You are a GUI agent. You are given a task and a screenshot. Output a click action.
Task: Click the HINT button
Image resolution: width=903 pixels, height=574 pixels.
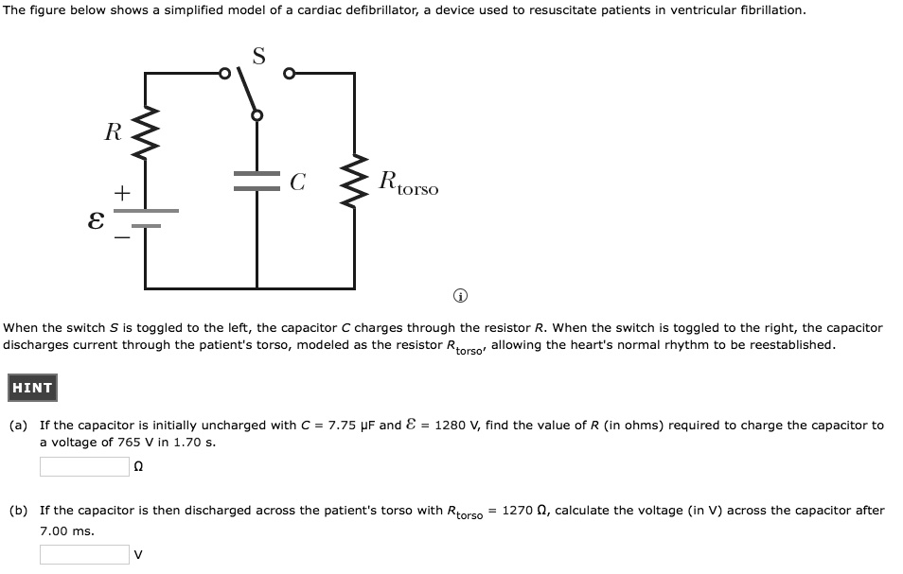click(32, 388)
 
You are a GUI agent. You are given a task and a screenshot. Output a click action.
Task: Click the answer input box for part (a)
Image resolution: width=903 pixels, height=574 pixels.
click(84, 466)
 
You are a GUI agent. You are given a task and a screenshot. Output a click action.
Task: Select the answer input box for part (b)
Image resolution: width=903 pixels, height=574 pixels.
click(84, 554)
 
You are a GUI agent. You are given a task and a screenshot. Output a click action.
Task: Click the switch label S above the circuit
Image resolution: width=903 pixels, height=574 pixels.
click(257, 56)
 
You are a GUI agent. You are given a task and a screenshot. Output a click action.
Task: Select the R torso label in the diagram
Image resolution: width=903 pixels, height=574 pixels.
click(408, 183)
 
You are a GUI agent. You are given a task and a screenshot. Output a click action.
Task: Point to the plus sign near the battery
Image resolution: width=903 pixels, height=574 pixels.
click(121, 193)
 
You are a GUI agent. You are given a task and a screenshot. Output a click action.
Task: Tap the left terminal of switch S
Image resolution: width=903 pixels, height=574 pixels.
click(225, 72)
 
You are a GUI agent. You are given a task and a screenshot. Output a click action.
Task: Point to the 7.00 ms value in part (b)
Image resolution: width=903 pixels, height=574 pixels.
click(66, 531)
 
